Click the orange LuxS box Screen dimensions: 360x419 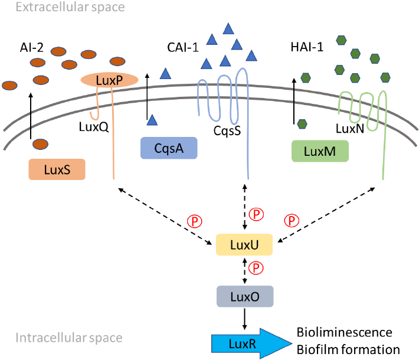pos(57,170)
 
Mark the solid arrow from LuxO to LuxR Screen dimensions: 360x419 pos(243,319)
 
